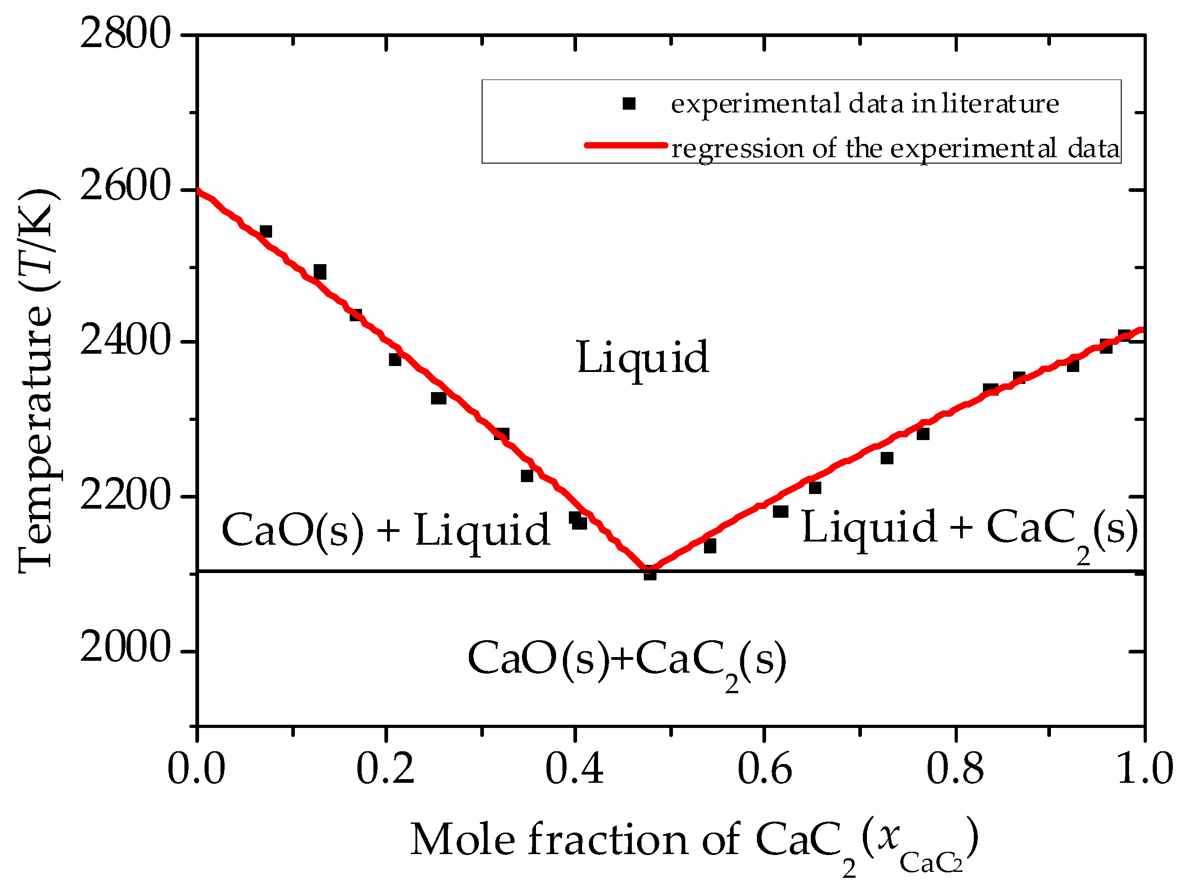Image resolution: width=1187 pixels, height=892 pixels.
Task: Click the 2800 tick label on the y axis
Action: pyautogui.click(x=125, y=36)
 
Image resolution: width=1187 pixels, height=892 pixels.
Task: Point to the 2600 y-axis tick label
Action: pyautogui.click(x=125, y=189)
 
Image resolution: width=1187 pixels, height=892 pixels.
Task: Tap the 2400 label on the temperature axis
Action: pyautogui.click(x=125, y=341)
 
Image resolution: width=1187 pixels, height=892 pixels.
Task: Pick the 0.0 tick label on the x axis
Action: pyautogui.click(x=196, y=769)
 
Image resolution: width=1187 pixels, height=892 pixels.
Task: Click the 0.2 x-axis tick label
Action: pyautogui.click(x=385, y=769)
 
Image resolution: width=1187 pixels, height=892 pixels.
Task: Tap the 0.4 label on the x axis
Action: pyautogui.click(x=574, y=769)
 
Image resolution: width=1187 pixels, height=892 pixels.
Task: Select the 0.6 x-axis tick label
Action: pyautogui.click(x=764, y=769)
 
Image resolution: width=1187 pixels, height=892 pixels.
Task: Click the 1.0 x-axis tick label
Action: pyautogui.click(x=1144, y=769)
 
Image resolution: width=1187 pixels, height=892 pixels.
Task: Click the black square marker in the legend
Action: pyautogui.click(x=629, y=103)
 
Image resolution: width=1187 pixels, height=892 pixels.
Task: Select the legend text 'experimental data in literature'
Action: pyautogui.click(x=865, y=104)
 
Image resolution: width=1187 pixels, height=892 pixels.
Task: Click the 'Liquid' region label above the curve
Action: pyautogui.click(x=642, y=358)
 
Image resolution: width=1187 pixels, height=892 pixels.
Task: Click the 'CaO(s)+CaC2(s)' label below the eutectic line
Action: pyautogui.click(x=626, y=660)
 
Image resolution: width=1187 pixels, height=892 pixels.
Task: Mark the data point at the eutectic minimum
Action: pyautogui.click(x=650, y=573)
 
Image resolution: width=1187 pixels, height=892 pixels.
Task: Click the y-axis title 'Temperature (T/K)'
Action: pyautogui.click(x=37, y=381)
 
